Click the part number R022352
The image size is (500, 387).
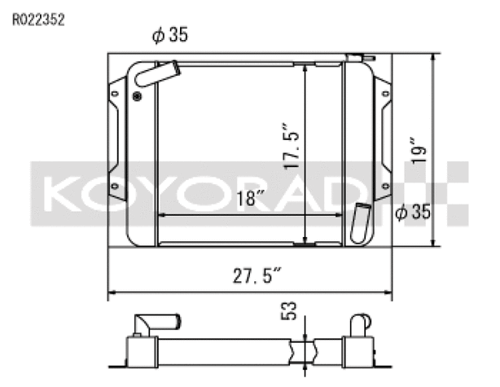[x=38, y=20]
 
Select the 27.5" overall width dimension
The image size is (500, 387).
[x=257, y=275]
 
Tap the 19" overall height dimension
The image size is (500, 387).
[x=419, y=150]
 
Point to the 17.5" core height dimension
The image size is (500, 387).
[x=292, y=145]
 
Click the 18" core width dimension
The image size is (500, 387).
[x=250, y=199]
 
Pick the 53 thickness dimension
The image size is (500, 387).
[x=288, y=310]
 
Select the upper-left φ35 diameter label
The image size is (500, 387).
[x=170, y=34]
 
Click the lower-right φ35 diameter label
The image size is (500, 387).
[x=413, y=212]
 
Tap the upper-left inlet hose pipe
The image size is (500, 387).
[x=157, y=73]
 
